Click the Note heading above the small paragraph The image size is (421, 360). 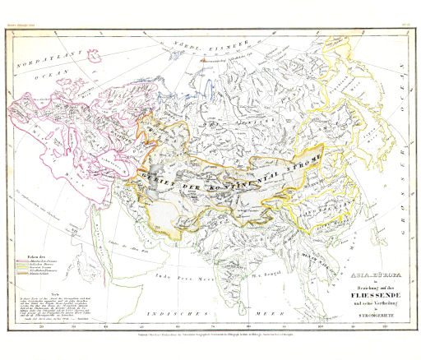[51, 284]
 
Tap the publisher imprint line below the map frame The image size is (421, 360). [210, 337]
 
